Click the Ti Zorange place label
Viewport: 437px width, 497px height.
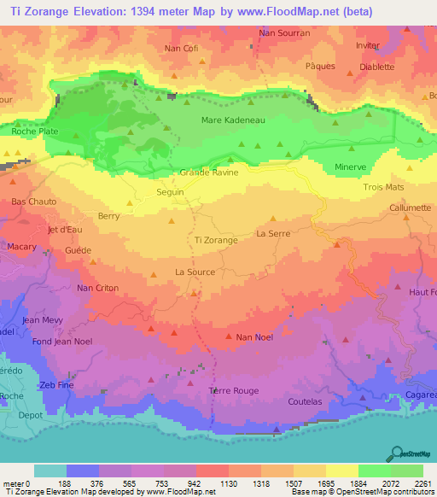(217, 241)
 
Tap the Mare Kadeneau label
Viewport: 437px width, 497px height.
(233, 120)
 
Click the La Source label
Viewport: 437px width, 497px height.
(195, 272)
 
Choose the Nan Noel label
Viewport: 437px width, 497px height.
(254, 337)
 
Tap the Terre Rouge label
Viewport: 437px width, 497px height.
(233, 390)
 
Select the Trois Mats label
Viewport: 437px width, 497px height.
(383, 186)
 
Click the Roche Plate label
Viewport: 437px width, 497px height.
(35, 132)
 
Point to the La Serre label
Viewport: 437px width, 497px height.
(273, 232)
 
